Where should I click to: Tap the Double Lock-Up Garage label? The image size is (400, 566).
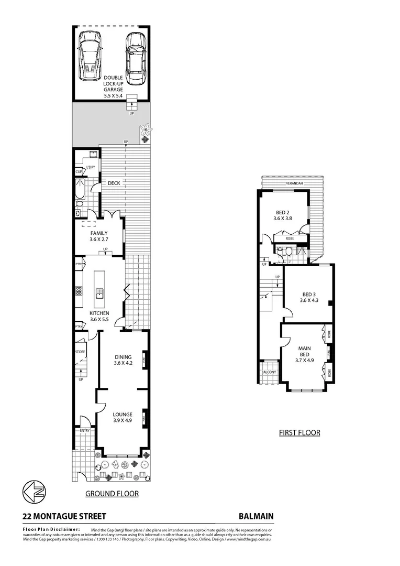[x=113, y=87]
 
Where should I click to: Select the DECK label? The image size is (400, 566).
[x=114, y=183]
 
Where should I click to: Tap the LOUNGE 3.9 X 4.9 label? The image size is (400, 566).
[x=123, y=418]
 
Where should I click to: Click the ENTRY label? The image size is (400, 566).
[x=85, y=431]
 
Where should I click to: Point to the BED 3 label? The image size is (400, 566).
[x=309, y=297]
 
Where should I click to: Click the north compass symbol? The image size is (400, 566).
[x=34, y=493]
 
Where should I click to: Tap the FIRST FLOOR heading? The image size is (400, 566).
[x=299, y=433]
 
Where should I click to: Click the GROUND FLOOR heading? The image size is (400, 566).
[x=112, y=494]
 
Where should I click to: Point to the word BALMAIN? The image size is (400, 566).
[x=256, y=516]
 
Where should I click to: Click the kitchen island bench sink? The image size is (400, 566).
[x=98, y=292]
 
